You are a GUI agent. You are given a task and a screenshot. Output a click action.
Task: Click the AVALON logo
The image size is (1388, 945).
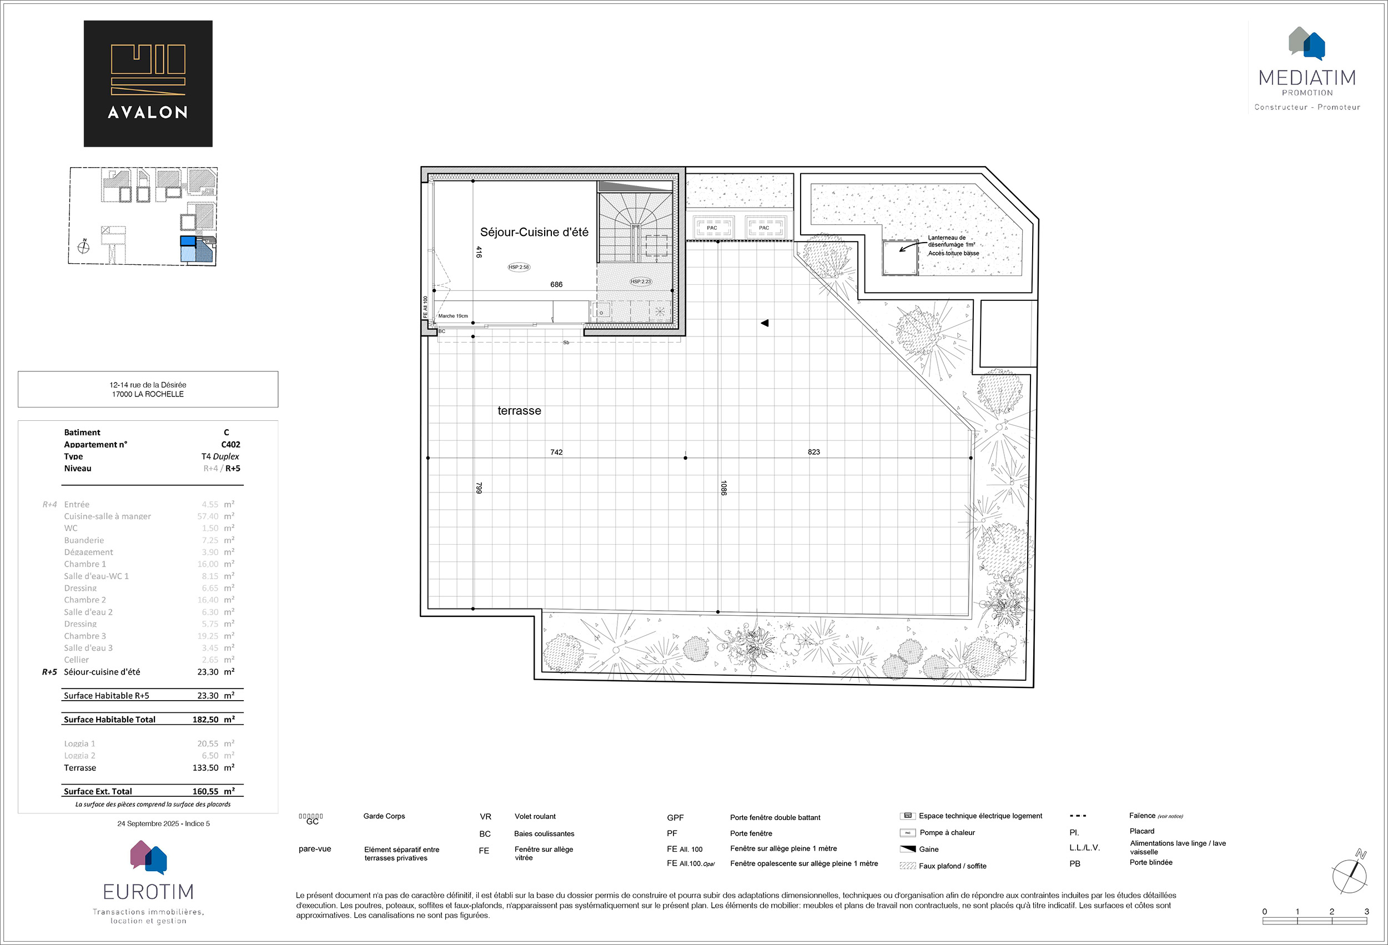click(148, 84)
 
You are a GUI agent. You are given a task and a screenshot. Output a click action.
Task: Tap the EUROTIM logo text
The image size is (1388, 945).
click(148, 892)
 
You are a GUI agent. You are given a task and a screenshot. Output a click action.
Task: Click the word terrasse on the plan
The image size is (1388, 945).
click(519, 411)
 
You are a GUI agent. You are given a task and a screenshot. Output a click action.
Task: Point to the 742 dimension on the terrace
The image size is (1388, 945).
click(556, 452)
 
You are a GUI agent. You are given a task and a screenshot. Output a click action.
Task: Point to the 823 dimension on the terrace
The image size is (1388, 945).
click(813, 452)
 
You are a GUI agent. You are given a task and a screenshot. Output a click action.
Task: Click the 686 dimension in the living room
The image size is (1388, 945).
click(556, 284)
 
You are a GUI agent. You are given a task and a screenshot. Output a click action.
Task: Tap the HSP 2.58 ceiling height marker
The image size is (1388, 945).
click(519, 267)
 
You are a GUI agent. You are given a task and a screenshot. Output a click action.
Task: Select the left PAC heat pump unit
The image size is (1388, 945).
click(712, 228)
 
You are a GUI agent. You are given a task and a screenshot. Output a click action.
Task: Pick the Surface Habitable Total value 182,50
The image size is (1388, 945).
click(205, 720)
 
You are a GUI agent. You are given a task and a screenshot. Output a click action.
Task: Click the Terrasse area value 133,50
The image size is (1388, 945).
click(205, 767)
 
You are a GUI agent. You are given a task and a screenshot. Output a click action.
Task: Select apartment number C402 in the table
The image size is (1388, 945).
click(230, 444)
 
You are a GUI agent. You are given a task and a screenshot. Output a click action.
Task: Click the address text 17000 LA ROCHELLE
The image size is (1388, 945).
click(148, 394)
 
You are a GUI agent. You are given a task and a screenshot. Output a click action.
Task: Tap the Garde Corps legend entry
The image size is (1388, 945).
click(384, 816)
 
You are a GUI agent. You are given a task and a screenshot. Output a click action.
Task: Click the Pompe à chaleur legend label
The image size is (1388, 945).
click(947, 833)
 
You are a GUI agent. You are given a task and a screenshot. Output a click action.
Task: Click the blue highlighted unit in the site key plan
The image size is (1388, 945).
click(188, 242)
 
